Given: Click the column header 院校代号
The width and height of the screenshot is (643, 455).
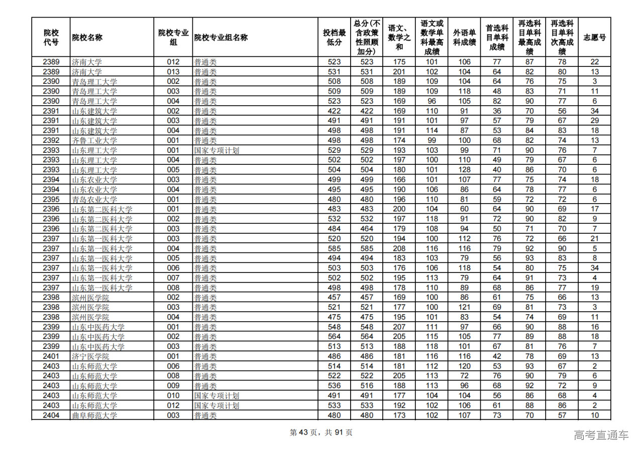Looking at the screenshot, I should [51, 37].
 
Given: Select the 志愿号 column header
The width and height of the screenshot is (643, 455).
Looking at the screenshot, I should [594, 37].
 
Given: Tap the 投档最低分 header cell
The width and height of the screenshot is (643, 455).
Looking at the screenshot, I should [334, 37].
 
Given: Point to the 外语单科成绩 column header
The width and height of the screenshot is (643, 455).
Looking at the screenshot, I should [464, 37].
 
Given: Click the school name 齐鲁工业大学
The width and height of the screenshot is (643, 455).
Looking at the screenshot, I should [94, 140].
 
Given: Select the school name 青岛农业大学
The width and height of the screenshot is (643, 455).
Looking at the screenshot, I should [94, 199].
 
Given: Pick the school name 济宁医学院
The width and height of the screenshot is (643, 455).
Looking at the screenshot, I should [90, 356].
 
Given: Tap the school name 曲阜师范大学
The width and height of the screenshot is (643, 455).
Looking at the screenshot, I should [94, 415].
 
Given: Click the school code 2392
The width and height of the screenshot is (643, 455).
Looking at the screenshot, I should [51, 140].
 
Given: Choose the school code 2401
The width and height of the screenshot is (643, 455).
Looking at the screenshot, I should [51, 356].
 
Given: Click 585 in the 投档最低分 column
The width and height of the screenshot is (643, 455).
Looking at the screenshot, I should [334, 248].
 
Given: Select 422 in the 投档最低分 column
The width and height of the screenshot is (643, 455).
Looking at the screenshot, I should [334, 111].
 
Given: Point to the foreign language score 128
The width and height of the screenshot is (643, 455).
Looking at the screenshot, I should [464, 170].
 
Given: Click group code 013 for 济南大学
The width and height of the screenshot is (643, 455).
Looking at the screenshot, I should [173, 72].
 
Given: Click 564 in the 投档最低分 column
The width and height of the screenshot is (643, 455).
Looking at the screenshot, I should [334, 337].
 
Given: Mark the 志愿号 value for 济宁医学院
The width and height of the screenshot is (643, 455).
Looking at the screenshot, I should [594, 356].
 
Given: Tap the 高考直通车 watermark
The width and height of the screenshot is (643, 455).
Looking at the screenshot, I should [601, 435].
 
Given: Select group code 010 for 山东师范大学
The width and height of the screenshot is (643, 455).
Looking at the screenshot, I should [173, 396].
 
